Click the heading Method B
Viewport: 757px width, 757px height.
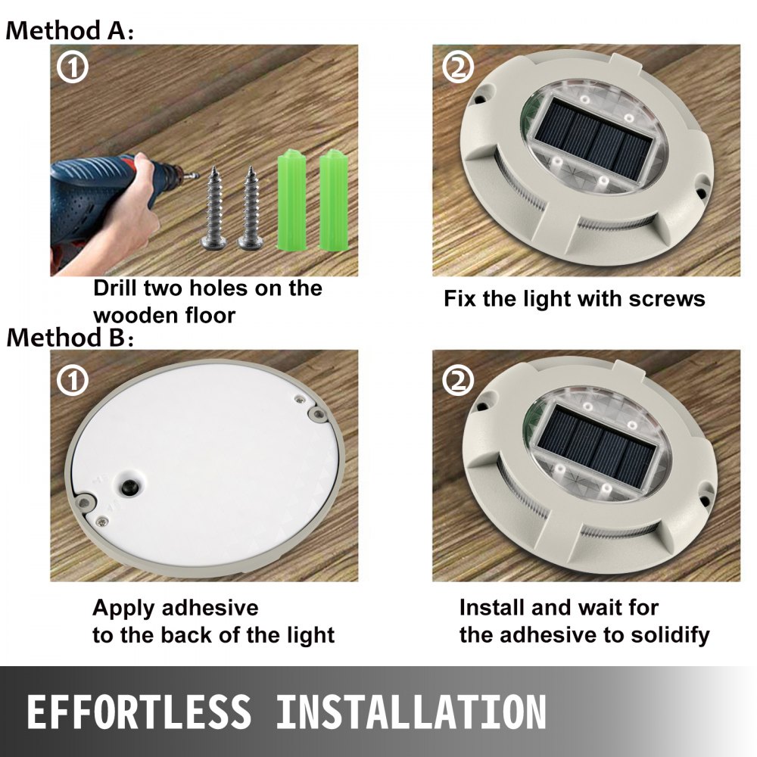70,337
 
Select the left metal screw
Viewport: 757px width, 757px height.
214,208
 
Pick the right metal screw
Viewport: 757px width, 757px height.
251,208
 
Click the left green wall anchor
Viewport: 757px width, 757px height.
292,200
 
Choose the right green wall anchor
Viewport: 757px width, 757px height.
334,200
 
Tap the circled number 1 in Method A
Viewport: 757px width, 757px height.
73,67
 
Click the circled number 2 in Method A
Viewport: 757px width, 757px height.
458,67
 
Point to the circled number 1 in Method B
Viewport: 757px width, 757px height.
73,381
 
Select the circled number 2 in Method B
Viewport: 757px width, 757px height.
458,381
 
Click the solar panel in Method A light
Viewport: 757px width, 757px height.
593,139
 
